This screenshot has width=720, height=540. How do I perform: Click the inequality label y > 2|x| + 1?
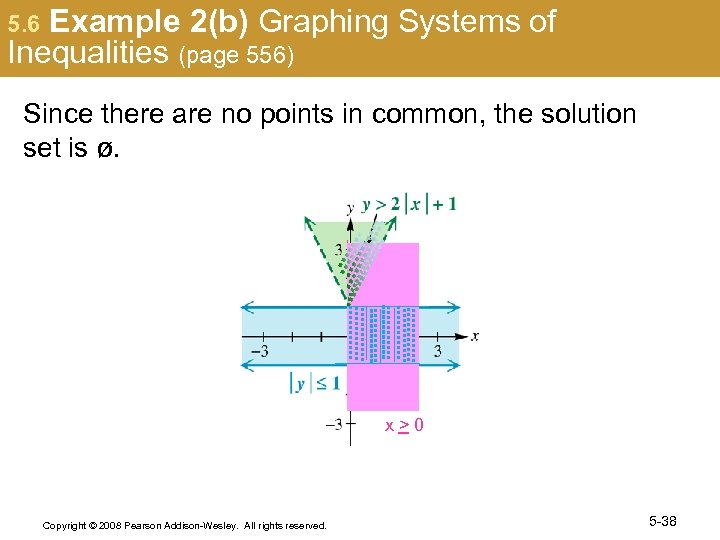click(x=408, y=204)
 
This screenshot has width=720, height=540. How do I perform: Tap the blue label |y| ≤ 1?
click(x=315, y=382)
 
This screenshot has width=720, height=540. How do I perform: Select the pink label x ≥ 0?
click(x=404, y=426)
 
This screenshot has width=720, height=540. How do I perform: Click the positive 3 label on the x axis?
click(x=438, y=351)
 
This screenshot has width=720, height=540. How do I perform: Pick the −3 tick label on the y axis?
click(x=333, y=424)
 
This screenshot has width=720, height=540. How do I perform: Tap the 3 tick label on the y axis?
click(x=339, y=248)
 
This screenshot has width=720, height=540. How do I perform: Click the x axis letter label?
click(x=475, y=336)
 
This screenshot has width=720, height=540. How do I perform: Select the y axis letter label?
click(x=350, y=208)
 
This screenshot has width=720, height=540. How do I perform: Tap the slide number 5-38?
click(x=663, y=521)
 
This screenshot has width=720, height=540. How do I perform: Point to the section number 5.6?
click(x=23, y=23)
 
